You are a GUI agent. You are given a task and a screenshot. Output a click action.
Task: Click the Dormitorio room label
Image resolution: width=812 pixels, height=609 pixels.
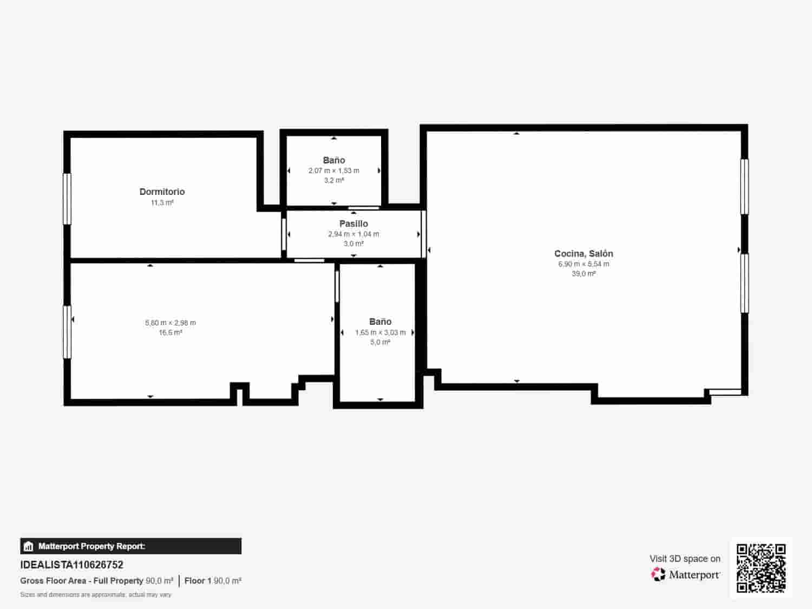click(162, 192)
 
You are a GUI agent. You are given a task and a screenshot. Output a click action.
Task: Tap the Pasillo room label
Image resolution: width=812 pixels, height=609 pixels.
click(353, 224)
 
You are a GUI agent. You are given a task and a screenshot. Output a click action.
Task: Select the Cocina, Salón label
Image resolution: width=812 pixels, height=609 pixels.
click(584, 253)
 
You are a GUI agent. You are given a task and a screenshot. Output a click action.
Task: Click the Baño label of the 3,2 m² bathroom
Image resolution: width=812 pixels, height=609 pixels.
click(333, 160)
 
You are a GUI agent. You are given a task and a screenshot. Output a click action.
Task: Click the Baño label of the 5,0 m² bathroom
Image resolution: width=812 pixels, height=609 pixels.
click(380, 322)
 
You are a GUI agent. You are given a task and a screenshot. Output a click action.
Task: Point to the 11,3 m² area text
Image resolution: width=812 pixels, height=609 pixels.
click(162, 203)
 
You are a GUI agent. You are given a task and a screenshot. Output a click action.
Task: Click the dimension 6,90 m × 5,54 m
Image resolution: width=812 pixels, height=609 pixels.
click(584, 264)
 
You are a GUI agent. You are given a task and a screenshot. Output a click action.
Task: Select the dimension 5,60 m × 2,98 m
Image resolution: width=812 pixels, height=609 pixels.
click(171, 323)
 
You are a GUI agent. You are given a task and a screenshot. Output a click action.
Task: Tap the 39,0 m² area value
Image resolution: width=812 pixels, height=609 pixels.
click(584, 274)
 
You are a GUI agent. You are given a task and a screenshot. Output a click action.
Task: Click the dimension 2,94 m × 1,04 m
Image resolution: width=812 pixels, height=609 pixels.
click(353, 234)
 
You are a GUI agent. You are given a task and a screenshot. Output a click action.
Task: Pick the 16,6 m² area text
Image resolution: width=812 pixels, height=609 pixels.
click(171, 332)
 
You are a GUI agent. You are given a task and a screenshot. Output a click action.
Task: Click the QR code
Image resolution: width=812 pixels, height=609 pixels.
click(761, 568)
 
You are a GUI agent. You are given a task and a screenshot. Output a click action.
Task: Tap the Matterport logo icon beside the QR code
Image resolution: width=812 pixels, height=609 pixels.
click(658, 574)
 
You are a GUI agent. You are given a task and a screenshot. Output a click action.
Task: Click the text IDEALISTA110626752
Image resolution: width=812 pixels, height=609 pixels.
click(72, 565)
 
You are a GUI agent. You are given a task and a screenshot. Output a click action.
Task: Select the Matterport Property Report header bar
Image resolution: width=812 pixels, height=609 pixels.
click(130, 546)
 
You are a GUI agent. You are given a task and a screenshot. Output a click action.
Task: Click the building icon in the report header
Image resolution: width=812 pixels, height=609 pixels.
click(29, 546)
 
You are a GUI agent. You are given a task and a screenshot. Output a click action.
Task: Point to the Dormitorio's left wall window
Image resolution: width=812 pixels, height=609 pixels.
click(67, 199)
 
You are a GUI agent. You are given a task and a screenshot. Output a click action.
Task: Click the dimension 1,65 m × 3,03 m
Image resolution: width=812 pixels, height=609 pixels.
click(380, 332)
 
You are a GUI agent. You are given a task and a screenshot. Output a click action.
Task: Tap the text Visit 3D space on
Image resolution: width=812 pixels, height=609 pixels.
click(685, 559)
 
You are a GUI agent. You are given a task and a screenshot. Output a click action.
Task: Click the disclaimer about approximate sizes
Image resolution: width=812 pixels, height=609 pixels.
click(96, 594)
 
